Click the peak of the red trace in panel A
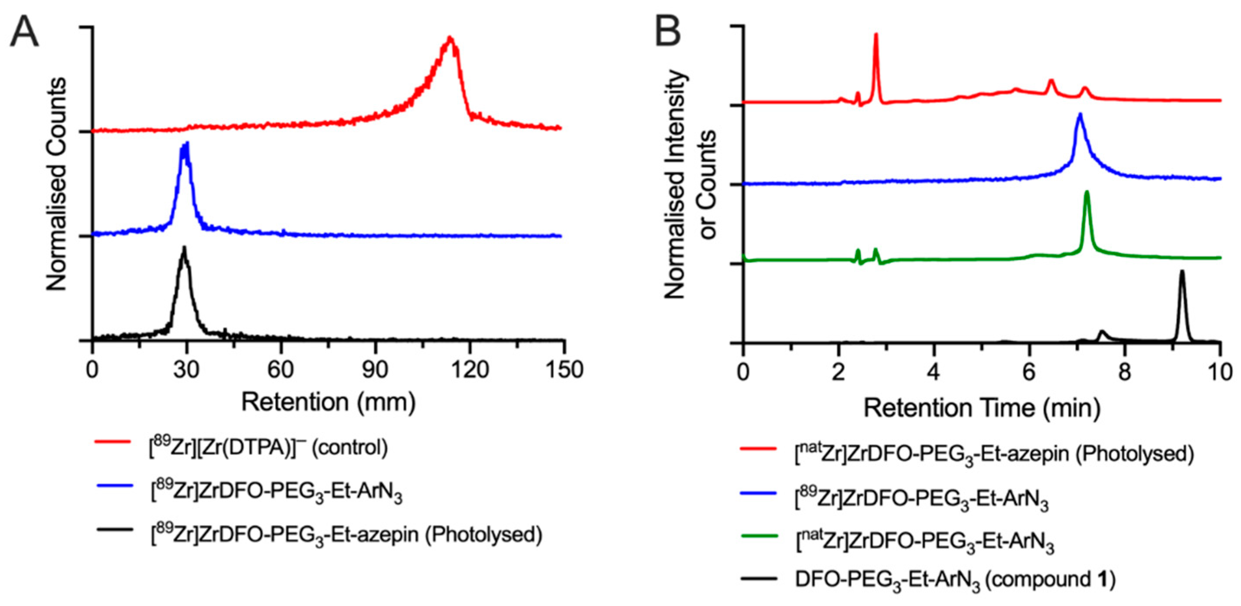click(450, 39)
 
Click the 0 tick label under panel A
click(92, 370)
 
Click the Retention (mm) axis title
click(328, 402)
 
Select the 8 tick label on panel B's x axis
click(1124, 372)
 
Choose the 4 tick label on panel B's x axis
click(934, 372)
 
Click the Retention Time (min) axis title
click(982, 408)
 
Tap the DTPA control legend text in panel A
click(268, 448)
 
